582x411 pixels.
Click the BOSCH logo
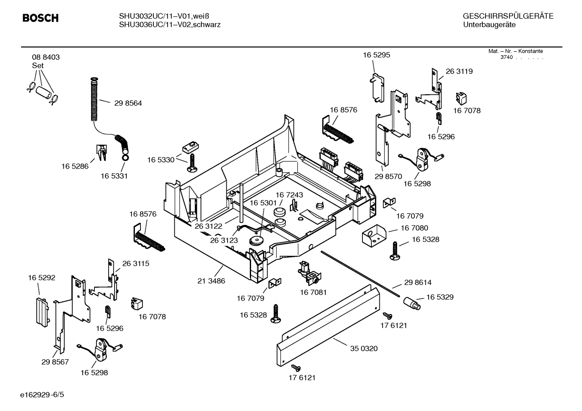(x=40, y=18)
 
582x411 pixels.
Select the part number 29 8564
(x=128, y=103)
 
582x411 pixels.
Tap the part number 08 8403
(x=46, y=57)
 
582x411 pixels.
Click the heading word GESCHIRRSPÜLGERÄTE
(x=508, y=17)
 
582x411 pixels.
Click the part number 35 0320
(x=364, y=348)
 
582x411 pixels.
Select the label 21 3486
(x=211, y=281)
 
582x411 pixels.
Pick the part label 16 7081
(x=313, y=292)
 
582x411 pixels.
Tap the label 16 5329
(x=440, y=297)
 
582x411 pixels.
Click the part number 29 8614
(x=418, y=283)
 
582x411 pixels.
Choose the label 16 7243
(x=289, y=195)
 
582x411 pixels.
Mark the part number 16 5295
(x=376, y=55)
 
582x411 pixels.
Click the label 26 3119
(x=459, y=71)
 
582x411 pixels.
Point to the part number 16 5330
(x=161, y=160)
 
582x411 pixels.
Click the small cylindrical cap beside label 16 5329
(x=411, y=303)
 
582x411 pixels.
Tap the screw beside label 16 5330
(x=192, y=163)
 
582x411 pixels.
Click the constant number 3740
(x=506, y=57)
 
